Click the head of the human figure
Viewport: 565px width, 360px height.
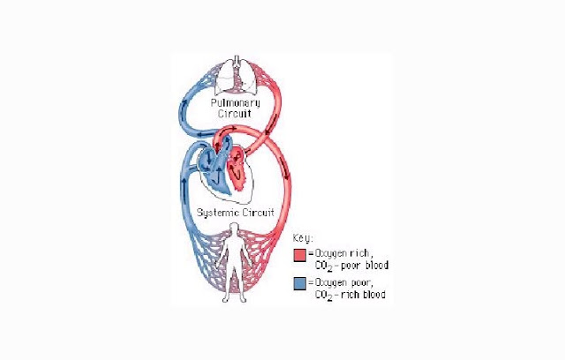[x=233, y=231]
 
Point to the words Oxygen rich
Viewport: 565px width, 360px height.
[x=339, y=252]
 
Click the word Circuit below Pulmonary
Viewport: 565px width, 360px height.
[x=235, y=115]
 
